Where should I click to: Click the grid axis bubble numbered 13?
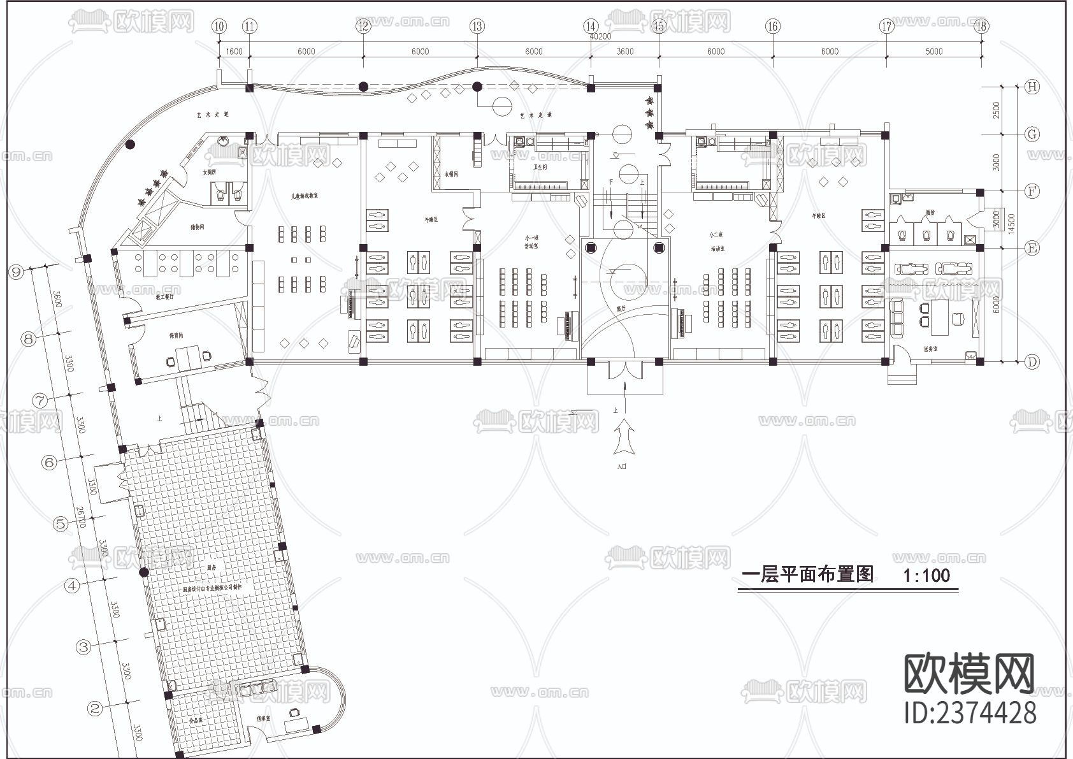(x=477, y=26)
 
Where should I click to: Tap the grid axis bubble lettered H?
(x=1032, y=87)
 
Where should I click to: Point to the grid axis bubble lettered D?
(x=1032, y=362)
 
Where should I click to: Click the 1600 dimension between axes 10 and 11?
(x=234, y=52)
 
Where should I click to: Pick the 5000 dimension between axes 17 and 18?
(x=933, y=52)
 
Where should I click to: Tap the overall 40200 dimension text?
(x=600, y=37)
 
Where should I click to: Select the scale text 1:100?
(x=926, y=575)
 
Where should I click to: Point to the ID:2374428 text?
(x=970, y=712)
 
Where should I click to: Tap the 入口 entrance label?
(x=623, y=466)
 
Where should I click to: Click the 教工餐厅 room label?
(x=164, y=296)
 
